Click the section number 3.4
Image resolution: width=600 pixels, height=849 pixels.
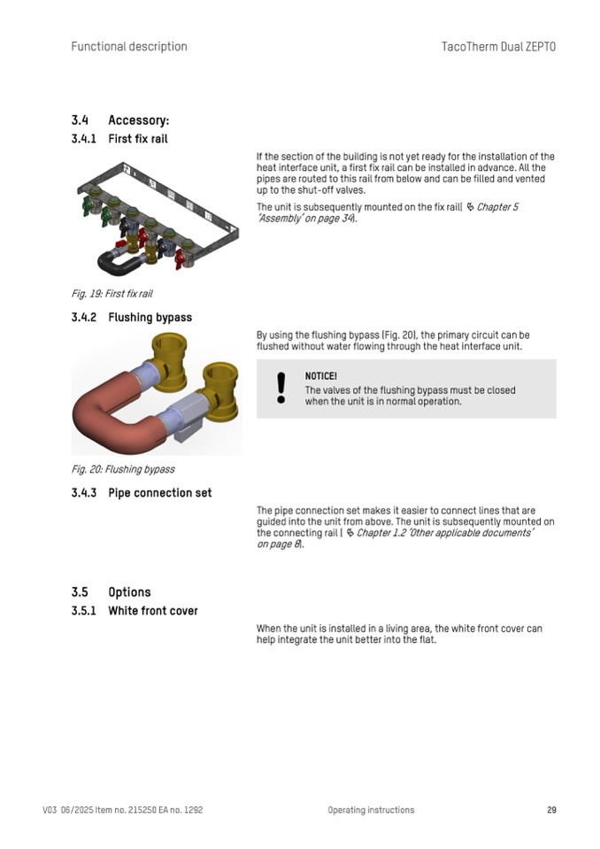[80, 120]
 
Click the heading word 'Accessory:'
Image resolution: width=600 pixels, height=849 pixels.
[138, 120]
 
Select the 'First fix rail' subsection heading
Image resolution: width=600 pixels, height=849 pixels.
[137, 139]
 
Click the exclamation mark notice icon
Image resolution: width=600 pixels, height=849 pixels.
[281, 388]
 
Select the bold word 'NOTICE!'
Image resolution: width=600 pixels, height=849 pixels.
[320, 376]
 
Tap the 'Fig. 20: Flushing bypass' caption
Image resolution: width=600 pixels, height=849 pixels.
[122, 469]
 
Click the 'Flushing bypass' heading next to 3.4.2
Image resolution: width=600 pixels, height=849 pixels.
[150, 317]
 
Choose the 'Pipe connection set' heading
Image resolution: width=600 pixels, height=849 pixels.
[159, 492]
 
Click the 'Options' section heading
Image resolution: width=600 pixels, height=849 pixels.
[129, 592]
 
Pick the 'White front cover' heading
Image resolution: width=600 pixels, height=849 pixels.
[153, 611]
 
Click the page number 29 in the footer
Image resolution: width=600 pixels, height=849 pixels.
[551, 810]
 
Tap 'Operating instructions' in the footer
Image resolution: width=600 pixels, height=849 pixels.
[370, 810]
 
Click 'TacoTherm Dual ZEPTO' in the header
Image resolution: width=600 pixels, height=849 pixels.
[498, 47]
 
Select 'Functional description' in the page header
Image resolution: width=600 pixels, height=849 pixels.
[129, 47]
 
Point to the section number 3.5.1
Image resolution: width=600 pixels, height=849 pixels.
[83, 611]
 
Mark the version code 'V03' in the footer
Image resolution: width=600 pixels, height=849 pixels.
[50, 810]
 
